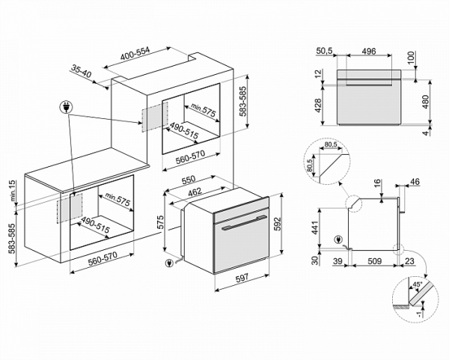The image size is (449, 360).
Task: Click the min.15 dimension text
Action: point(13,191)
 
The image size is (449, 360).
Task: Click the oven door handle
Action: point(239,223)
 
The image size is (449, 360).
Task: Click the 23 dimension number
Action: point(408,261)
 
